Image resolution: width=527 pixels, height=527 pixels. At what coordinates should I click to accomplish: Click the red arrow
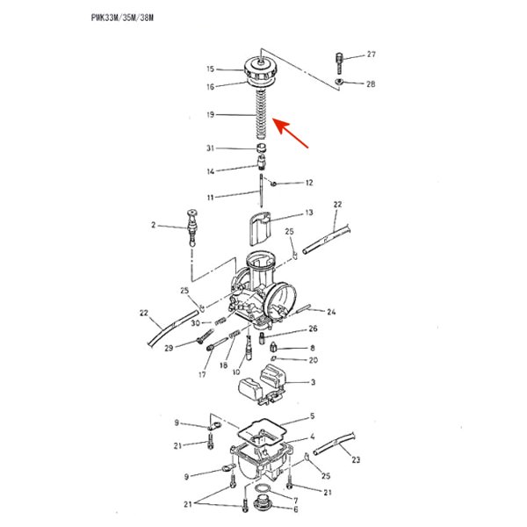tap(293, 135)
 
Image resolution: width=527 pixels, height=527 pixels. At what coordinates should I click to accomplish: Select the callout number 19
tap(211, 115)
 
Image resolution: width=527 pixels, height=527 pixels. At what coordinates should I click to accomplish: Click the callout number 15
tap(211, 69)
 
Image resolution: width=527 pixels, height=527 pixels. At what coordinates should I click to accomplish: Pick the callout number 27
tap(371, 54)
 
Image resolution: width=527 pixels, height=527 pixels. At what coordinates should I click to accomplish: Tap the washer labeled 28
tap(339, 83)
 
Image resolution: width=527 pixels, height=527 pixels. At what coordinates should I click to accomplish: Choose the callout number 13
tap(308, 213)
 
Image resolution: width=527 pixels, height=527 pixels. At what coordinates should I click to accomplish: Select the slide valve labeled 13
tap(262, 227)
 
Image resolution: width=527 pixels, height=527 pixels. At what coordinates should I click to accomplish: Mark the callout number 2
tap(153, 226)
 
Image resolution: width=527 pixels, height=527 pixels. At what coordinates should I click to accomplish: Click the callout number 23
tap(355, 458)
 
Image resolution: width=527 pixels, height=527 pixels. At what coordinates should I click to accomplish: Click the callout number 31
tap(211, 148)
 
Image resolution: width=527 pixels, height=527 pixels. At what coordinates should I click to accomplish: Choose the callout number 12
tap(308, 184)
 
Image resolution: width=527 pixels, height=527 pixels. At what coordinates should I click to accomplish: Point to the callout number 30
tap(195, 323)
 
